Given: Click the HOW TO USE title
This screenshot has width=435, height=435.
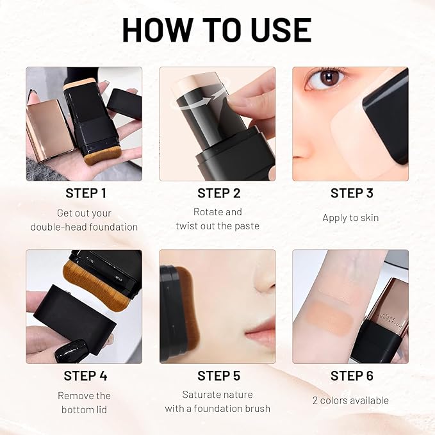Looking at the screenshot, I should (x=217, y=29).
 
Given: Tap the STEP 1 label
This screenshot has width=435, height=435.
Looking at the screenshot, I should (x=85, y=193).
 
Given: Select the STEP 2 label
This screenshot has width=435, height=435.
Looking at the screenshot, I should (x=218, y=193).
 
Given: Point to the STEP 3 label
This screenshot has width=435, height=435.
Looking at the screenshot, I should (x=351, y=193).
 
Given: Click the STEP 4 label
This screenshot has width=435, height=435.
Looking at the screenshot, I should (x=85, y=376).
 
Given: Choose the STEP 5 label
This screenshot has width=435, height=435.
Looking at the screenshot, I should (x=218, y=376).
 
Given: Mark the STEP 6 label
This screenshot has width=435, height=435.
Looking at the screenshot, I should (x=351, y=376).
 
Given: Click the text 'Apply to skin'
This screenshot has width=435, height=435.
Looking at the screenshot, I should (x=350, y=218).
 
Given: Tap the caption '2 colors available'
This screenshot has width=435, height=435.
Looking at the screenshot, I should (x=350, y=400).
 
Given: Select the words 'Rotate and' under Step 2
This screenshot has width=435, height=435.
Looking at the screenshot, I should (x=218, y=212).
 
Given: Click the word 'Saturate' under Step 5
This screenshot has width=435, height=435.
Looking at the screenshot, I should (x=201, y=395).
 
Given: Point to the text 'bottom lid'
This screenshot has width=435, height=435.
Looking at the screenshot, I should (x=85, y=409).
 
